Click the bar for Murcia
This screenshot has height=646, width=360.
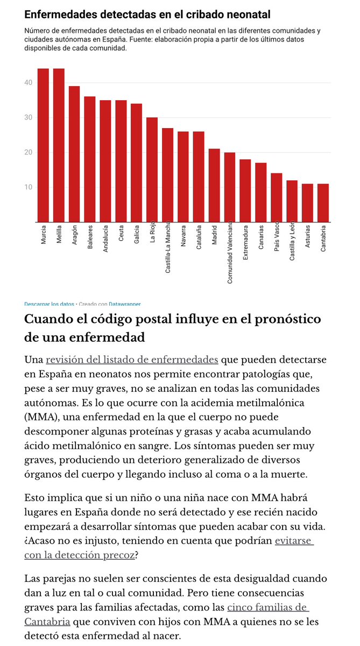click(43, 145)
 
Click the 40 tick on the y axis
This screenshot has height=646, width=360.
click(28, 83)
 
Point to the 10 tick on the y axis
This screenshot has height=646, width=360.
click(28, 187)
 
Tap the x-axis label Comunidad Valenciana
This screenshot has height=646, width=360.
click(230, 253)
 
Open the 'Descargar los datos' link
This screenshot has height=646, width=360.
click(49, 304)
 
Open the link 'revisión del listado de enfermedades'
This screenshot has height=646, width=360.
click(132, 360)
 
